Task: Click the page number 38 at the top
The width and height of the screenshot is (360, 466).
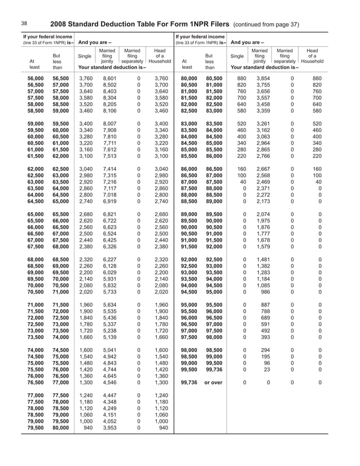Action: pyautogui.click(x=24, y=24)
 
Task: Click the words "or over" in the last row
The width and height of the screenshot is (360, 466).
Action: pyautogui.click(x=213, y=383)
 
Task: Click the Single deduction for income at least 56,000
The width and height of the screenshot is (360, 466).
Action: pyautogui.click(x=86, y=78)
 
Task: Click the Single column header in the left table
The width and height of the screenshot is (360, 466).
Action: pyautogui.click(x=84, y=56)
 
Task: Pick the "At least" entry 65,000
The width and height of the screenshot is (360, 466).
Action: pyautogui.click(x=36, y=215)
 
